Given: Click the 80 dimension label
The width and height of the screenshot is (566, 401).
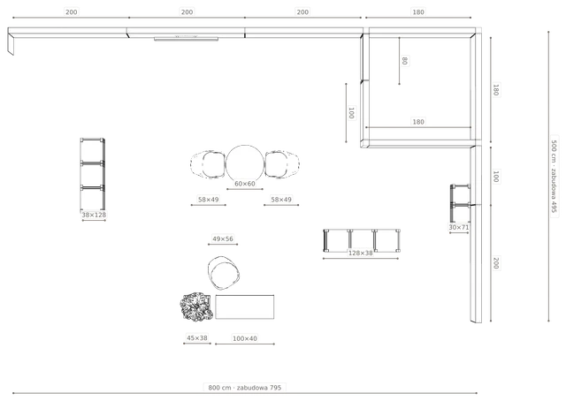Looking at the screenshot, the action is click(x=405, y=61).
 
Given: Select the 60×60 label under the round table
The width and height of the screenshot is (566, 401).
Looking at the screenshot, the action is click(x=245, y=184).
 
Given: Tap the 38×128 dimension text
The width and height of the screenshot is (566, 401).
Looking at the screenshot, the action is click(x=94, y=215).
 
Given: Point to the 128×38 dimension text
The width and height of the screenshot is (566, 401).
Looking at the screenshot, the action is click(x=360, y=253).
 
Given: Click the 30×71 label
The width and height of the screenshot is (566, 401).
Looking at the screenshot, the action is click(x=459, y=227).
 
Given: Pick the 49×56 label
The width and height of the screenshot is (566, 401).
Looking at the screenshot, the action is click(x=223, y=238).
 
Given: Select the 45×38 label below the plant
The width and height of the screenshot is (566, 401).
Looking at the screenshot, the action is click(x=197, y=338).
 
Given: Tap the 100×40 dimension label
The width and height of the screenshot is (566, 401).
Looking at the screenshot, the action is click(x=245, y=338).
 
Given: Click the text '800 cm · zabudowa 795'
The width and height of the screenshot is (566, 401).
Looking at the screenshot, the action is click(x=245, y=388).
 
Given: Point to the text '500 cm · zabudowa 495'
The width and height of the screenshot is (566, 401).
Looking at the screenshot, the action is click(x=555, y=177).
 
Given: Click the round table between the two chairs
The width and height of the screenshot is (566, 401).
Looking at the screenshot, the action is click(x=245, y=163).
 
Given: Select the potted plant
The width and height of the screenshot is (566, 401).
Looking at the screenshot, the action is click(x=196, y=306).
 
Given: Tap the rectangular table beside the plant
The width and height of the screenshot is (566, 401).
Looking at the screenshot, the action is click(x=245, y=306).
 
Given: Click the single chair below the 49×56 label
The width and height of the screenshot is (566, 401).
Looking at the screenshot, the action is click(x=224, y=273).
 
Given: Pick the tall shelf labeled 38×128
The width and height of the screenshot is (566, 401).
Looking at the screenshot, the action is click(x=93, y=174).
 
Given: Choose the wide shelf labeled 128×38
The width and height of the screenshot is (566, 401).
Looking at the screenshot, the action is click(x=362, y=240).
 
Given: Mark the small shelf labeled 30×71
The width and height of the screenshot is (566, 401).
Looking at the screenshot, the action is click(x=460, y=203).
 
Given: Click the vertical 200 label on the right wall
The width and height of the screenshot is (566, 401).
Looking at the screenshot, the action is click(x=496, y=263).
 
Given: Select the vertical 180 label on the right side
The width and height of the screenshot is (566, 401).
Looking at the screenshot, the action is click(x=496, y=90).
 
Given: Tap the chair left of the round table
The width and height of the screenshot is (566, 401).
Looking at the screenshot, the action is click(x=209, y=165).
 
